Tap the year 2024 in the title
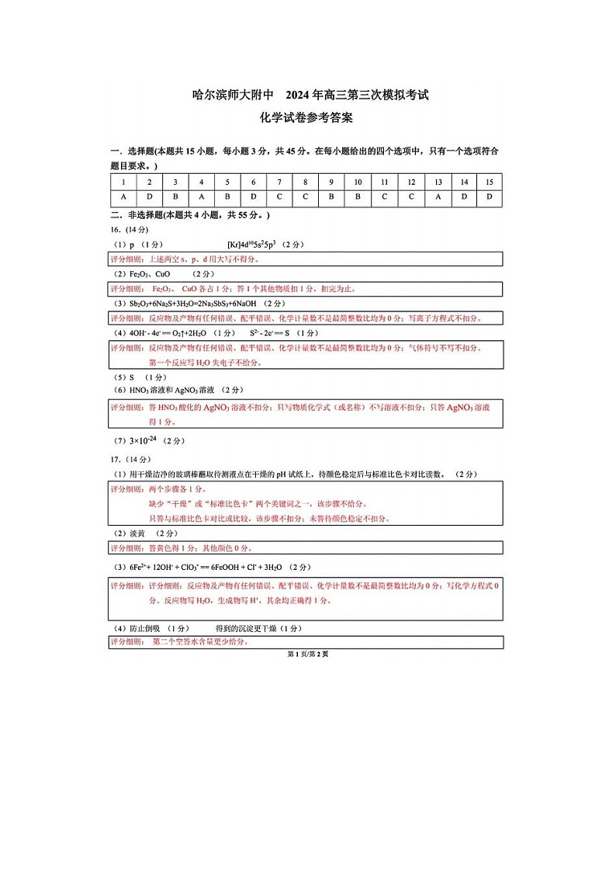click(x=298, y=96)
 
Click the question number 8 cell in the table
click(x=305, y=182)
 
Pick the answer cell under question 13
click(x=438, y=197)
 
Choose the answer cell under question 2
click(x=149, y=197)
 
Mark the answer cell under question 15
click(x=489, y=197)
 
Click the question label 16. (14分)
click(x=129, y=230)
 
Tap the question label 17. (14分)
click(x=129, y=459)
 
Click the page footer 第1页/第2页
click(x=307, y=654)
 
